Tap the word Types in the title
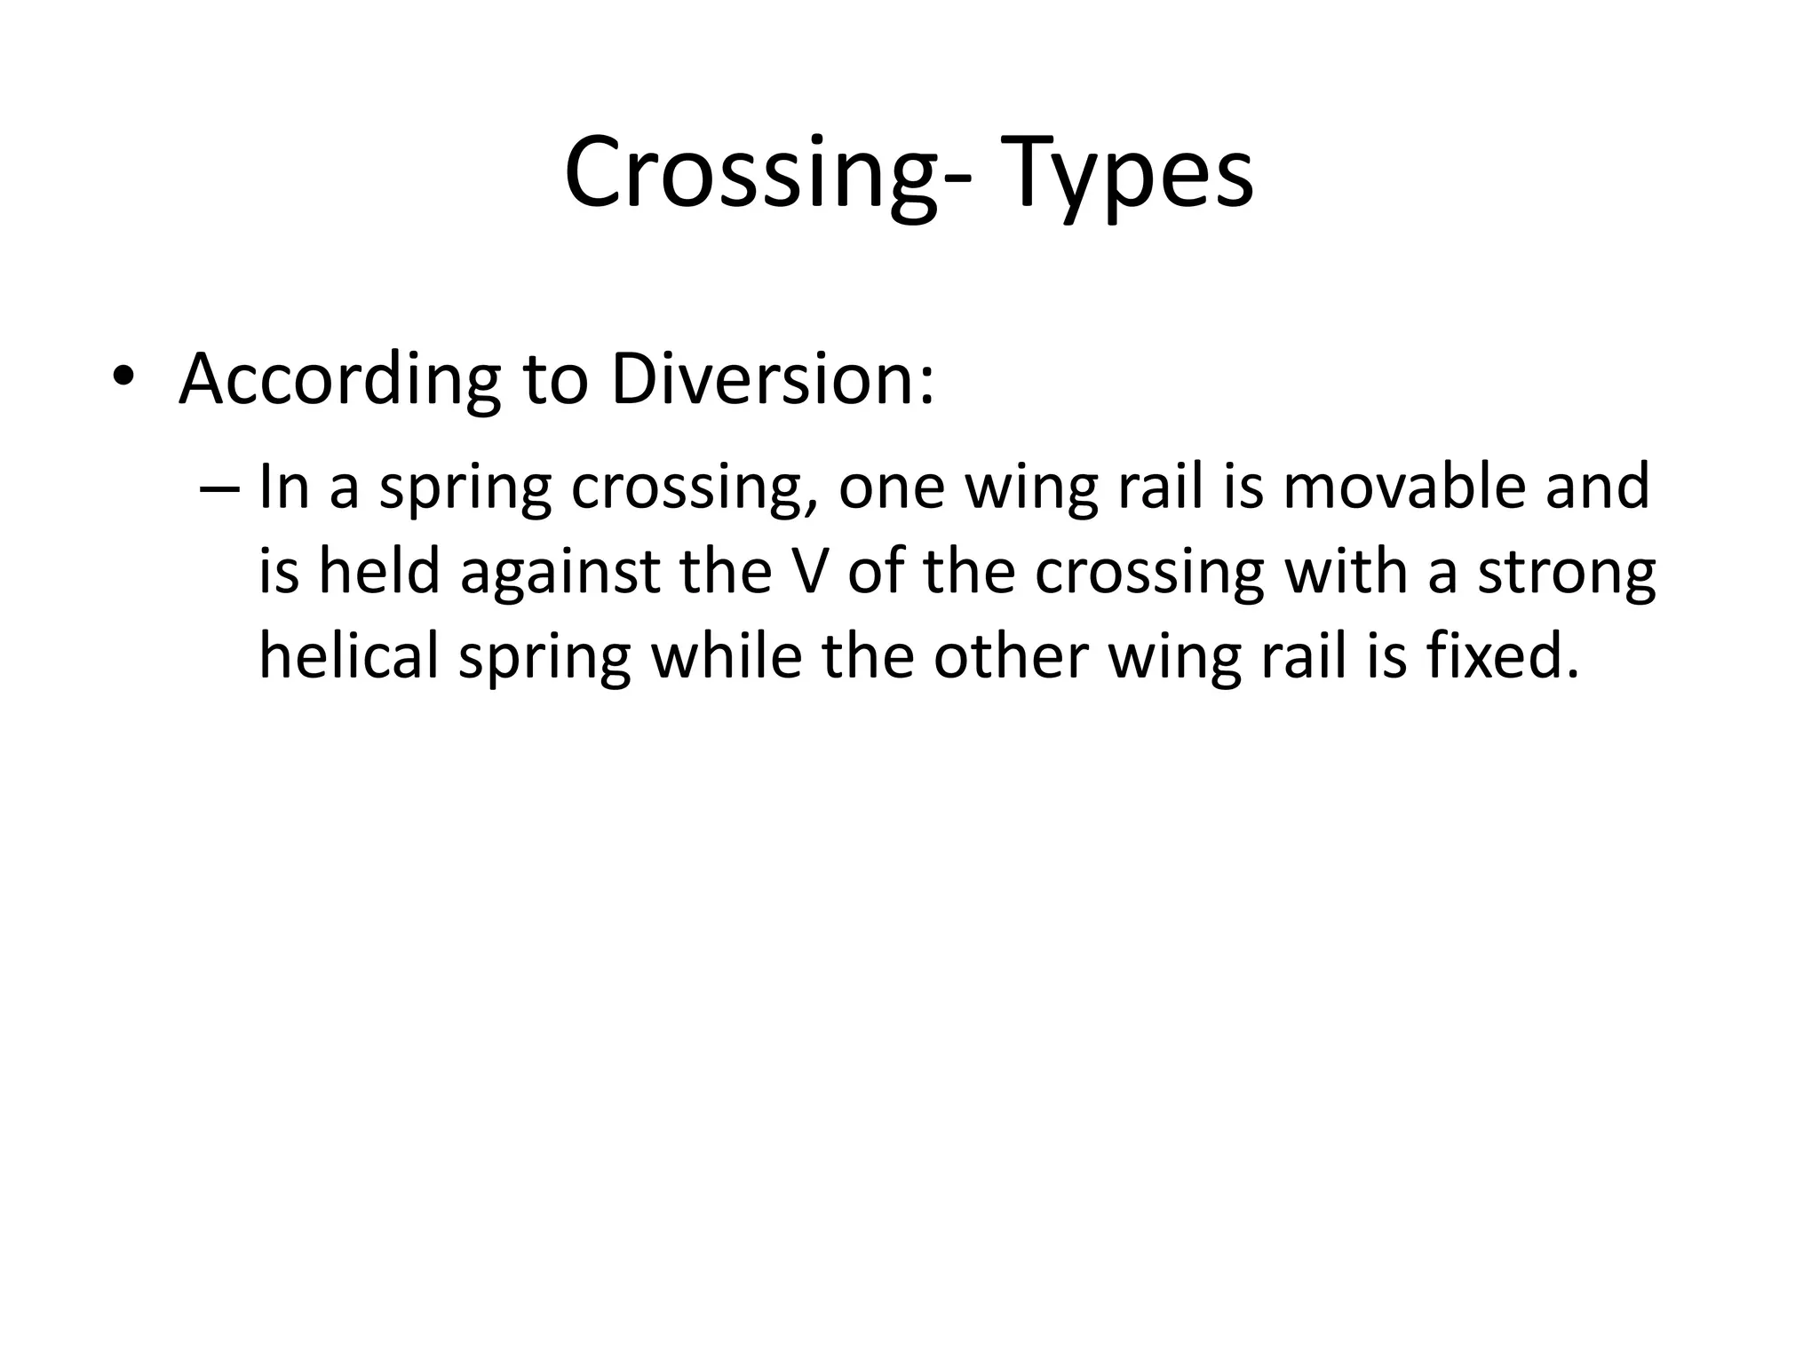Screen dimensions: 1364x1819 pyautogui.click(x=1132, y=174)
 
